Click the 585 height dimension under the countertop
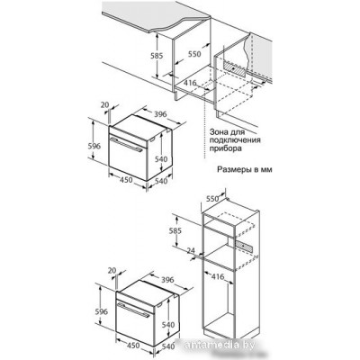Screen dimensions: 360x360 pyautogui.click(x=157, y=56)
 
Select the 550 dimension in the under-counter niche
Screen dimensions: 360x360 pyautogui.click(x=194, y=54)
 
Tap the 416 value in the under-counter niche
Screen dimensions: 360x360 pyautogui.click(x=190, y=83)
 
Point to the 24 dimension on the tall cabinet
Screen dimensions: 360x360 pyautogui.click(x=190, y=250)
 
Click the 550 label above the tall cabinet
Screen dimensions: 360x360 pyautogui.click(x=212, y=199)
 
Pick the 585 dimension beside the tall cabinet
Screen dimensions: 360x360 pyautogui.click(x=175, y=231)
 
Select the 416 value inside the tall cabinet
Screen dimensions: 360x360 pyautogui.click(x=218, y=276)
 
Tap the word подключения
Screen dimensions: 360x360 pyautogui.click(x=235, y=140)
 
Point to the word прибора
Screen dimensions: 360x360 pyautogui.click(x=226, y=148)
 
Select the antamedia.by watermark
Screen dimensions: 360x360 pyautogui.click(x=220, y=345)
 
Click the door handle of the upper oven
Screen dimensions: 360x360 pyautogui.click(x=126, y=146)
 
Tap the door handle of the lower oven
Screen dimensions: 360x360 pyautogui.click(x=133, y=310)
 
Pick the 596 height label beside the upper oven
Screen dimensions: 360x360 pyautogui.click(x=94, y=146)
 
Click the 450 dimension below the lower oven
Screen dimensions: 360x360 pyautogui.click(x=132, y=346)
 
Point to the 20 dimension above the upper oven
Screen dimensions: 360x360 pyautogui.click(x=104, y=104)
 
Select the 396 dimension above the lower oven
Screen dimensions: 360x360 pyautogui.click(x=167, y=279)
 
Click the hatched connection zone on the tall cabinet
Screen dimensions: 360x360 pyautogui.click(x=245, y=246)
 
